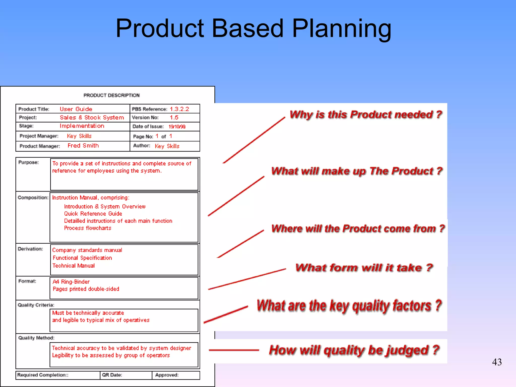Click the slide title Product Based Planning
tap(253, 28)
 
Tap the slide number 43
tap(497, 362)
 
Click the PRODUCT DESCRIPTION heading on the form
tap(111, 95)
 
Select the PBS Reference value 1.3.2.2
tap(179, 109)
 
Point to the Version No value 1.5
tap(174, 118)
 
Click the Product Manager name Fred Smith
tap(83, 146)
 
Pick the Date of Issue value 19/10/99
tap(177, 126)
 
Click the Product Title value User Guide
tap(76, 109)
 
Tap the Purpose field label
tap(28, 163)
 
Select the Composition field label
tap(33, 198)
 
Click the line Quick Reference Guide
tap(93, 214)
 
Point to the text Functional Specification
tap(82, 258)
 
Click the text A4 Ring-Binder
tap(71, 282)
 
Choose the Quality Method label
tap(36, 338)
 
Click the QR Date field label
tap(112, 375)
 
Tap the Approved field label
tap(167, 375)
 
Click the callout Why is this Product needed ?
tap(366, 115)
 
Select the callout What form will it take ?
tap(364, 268)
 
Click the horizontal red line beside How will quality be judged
tap(234, 350)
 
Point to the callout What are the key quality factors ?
tap(349, 306)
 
